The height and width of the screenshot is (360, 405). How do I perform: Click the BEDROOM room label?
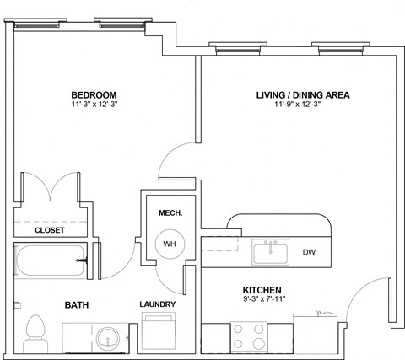[94, 94]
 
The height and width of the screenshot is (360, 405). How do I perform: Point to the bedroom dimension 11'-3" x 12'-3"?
[94, 105]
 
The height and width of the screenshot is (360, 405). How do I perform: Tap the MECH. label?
[170, 201]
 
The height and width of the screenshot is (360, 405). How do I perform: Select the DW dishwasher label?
[309, 252]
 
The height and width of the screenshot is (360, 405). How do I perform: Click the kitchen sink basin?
[271, 251]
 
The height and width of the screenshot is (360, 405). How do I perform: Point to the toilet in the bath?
[36, 333]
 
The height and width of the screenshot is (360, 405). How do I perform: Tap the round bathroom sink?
[108, 338]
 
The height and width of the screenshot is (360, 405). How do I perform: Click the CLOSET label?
[50, 229]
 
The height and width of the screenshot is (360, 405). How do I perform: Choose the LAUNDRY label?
[157, 304]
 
